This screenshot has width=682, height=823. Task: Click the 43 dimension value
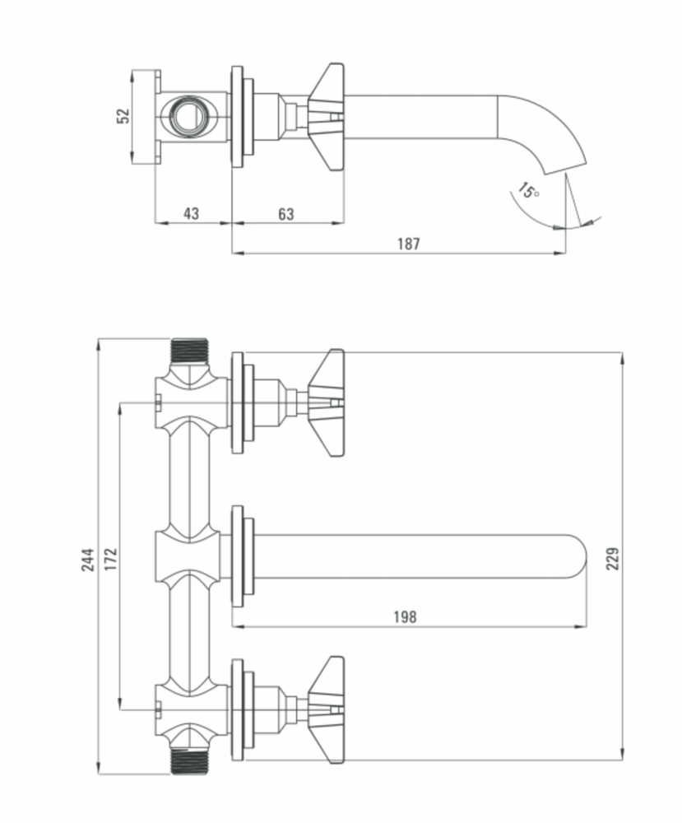click(x=191, y=214)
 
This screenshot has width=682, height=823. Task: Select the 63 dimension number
click(x=285, y=214)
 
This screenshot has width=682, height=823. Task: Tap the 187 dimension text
click(x=408, y=244)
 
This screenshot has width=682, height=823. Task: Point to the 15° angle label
click(x=528, y=192)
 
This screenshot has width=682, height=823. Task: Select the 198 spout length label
click(x=406, y=617)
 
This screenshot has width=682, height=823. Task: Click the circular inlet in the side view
click(x=191, y=115)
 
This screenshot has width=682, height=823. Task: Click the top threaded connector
click(x=190, y=351)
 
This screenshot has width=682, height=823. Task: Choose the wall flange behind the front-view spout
click(x=239, y=556)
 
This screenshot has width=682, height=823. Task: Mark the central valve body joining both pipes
click(x=190, y=556)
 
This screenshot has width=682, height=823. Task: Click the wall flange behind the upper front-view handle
click(x=239, y=402)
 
